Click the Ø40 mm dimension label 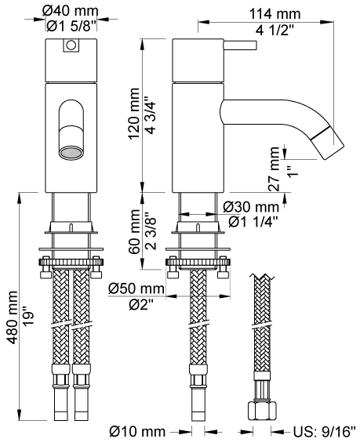[71, 12]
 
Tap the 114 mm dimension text [275, 14]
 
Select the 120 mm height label [134, 114]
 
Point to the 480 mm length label [13, 317]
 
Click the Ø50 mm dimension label [136, 288]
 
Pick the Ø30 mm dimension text [251, 207]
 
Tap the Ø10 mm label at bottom [137, 432]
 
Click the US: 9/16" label [325, 432]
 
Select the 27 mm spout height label [274, 169]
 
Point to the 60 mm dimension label [134, 232]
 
